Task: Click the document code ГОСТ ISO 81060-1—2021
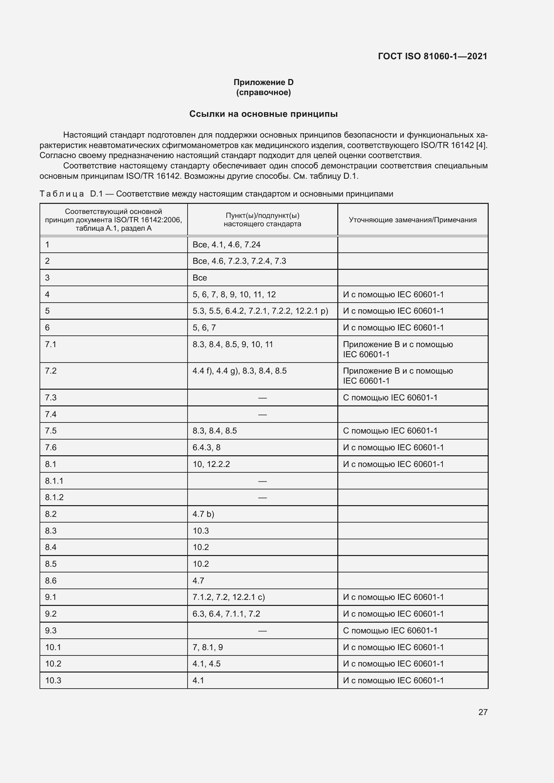(432, 56)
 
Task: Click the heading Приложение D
(263, 82)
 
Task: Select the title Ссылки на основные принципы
(263, 114)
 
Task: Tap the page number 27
(483, 712)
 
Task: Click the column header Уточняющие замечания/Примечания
(412, 220)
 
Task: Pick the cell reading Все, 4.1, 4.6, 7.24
(226, 244)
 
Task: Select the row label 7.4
(51, 414)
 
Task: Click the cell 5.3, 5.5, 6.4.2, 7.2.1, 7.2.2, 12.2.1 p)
(260, 311)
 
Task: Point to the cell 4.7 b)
(203, 514)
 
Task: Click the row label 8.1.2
(54, 497)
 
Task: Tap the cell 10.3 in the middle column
(201, 531)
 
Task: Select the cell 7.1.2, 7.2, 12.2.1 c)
(228, 597)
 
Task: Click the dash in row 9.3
(262, 631)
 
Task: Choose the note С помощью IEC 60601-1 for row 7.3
(390, 398)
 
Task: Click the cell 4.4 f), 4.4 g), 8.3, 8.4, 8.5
(239, 371)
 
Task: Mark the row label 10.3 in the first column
(53, 680)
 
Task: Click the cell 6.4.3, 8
(206, 448)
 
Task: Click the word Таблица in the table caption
(62, 194)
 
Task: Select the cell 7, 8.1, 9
(207, 647)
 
